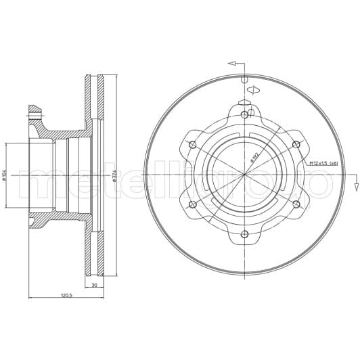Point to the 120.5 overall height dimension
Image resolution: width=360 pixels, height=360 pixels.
tap(66, 296)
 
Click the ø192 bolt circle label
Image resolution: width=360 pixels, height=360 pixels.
tap(255, 158)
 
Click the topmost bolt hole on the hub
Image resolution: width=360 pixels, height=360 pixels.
tap(244, 115)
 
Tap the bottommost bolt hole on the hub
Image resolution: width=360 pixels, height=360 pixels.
tap(244, 234)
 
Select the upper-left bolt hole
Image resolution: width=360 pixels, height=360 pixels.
tap(193, 144)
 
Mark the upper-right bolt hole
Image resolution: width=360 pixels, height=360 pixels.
tap(296, 144)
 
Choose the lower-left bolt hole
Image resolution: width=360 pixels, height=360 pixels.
tap(193, 204)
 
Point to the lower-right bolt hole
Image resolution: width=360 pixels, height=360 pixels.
tap(296, 204)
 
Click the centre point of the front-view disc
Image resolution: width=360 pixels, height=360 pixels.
tap(244, 175)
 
